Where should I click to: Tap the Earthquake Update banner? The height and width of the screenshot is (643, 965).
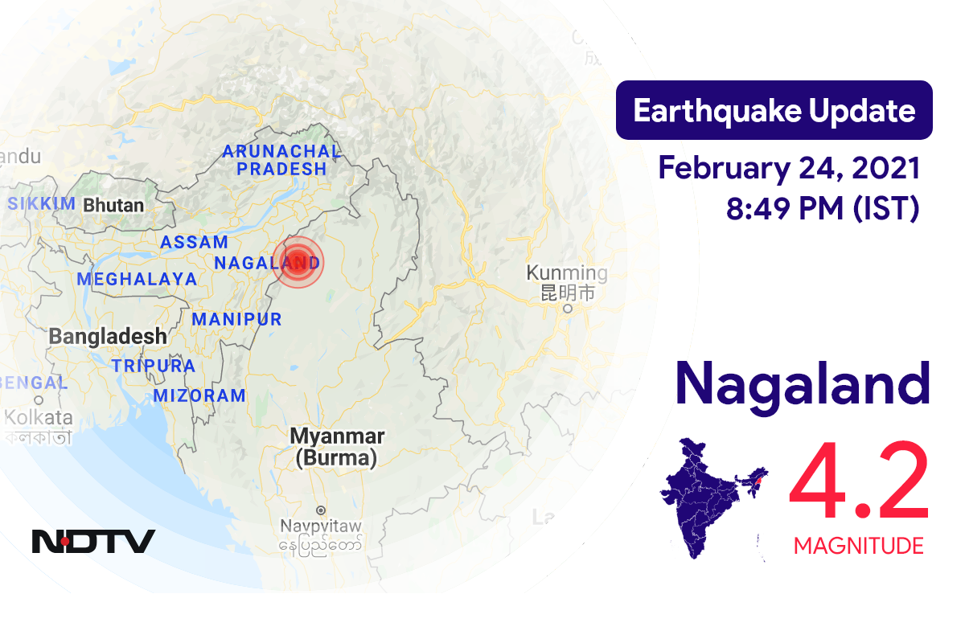774,110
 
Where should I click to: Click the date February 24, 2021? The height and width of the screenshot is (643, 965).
788,169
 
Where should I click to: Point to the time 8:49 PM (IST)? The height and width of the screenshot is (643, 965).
823,209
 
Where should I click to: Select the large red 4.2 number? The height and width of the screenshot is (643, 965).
859,485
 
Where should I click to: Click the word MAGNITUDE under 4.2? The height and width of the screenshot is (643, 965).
858,547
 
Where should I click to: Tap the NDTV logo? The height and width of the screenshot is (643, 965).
93,541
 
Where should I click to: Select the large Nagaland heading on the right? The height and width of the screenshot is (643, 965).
802,384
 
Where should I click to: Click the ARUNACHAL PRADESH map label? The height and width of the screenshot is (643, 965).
281,160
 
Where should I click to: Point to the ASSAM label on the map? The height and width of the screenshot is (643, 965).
194,242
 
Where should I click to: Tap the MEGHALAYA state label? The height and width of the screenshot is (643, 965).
137,279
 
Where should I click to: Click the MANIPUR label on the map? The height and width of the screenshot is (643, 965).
236,319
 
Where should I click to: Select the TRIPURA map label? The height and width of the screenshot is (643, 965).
154,366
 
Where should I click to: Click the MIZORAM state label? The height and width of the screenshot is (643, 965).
199,395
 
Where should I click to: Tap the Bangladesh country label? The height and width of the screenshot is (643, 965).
108,336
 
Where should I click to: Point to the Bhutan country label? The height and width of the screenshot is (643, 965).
113,205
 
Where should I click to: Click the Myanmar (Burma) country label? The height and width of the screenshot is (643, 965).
337,447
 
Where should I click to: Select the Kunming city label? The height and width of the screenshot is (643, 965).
567,272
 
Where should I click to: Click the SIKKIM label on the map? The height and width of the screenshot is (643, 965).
41,204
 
